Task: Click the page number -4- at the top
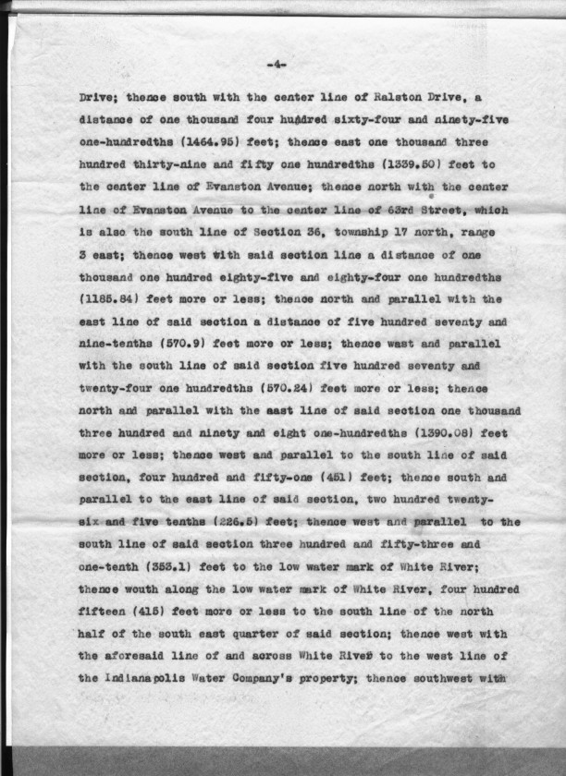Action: pos(276,65)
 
